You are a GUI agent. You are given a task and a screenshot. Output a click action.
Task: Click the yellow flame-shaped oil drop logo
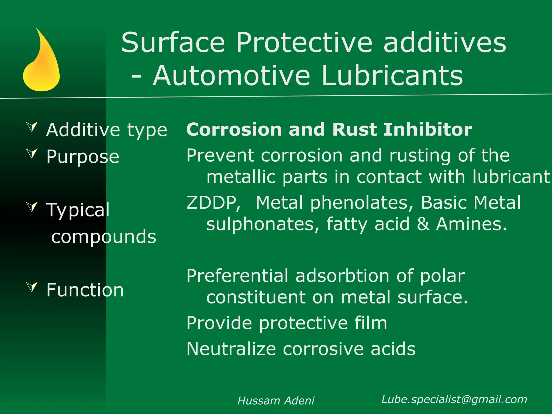(x=42, y=65)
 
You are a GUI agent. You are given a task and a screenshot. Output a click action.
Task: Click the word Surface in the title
(x=173, y=43)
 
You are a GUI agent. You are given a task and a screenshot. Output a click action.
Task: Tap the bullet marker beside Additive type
(x=32, y=126)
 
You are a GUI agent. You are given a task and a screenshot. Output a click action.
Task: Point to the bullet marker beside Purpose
(x=32, y=153)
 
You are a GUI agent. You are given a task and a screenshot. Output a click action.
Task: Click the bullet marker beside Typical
(x=32, y=206)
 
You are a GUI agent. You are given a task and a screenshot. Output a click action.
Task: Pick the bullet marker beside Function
(x=32, y=287)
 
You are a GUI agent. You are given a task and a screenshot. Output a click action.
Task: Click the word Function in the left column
(x=85, y=290)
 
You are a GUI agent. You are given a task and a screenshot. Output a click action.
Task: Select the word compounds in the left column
(x=104, y=237)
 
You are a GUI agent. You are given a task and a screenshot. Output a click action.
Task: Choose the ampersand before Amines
(x=423, y=224)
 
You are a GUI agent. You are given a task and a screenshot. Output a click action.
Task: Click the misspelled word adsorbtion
(x=342, y=276)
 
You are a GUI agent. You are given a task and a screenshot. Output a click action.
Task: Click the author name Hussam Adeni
(x=276, y=401)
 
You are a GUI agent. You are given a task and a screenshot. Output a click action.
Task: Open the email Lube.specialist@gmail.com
(x=454, y=399)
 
